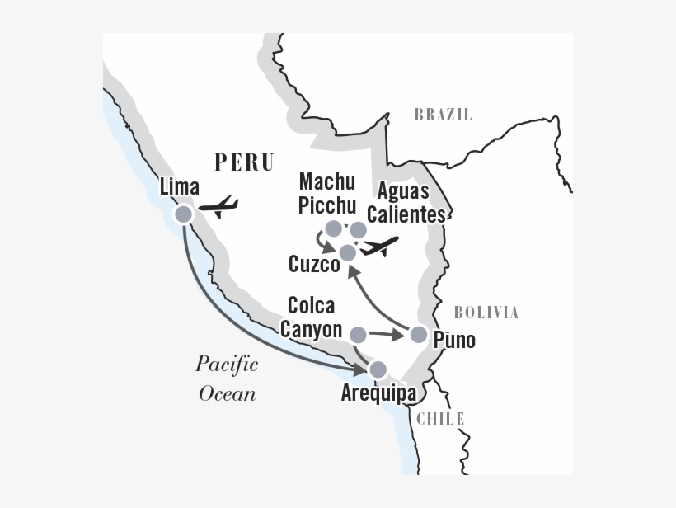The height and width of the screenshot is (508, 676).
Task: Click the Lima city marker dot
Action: (183, 214)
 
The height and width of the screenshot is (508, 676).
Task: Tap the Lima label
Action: (179, 187)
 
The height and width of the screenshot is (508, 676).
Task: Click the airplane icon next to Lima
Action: (219, 206)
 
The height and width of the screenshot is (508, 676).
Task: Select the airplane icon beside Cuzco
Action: (380, 246)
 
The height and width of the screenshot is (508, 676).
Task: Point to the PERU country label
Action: (243, 162)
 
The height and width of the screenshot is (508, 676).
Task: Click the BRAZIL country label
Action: (443, 115)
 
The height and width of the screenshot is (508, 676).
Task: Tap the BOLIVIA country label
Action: (486, 312)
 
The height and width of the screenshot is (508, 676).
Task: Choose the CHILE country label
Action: (440, 418)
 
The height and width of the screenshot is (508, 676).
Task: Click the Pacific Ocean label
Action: (227, 379)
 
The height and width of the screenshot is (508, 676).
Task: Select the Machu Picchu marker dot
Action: (333, 228)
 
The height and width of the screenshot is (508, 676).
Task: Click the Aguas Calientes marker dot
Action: (358, 229)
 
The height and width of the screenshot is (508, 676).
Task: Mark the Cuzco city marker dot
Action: (348, 252)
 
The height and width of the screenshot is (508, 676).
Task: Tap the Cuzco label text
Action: (314, 265)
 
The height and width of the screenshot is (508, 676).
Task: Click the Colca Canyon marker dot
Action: (358, 334)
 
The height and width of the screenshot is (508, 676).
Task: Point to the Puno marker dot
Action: (419, 334)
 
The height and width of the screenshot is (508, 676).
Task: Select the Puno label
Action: (454, 339)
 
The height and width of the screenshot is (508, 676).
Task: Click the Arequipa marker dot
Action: (378, 369)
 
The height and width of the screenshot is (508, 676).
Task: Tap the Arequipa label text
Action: (378, 393)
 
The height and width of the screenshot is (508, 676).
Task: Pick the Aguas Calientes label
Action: (411, 203)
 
